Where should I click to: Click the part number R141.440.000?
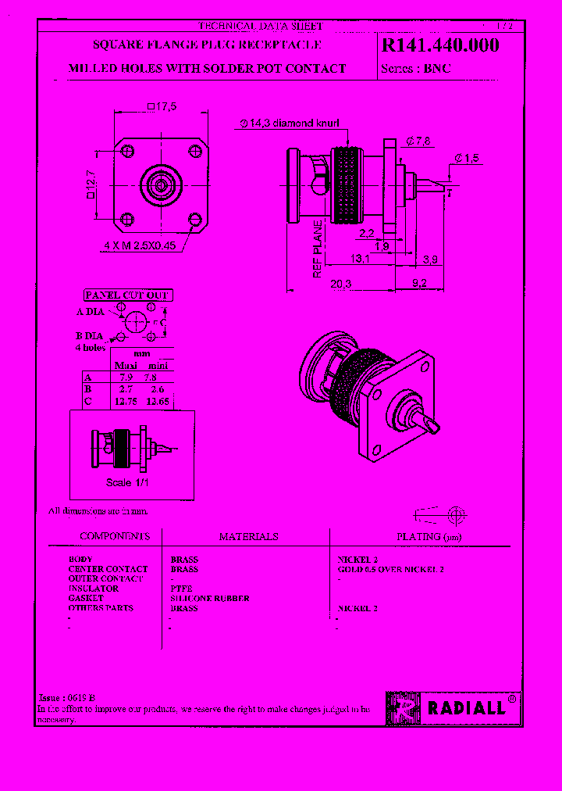[x=440, y=46]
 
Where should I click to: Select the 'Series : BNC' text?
[x=416, y=69]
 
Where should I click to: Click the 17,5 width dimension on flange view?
[x=162, y=106]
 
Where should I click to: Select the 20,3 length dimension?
[x=340, y=285]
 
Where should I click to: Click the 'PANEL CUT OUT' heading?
[x=127, y=295]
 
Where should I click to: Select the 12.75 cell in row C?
[x=125, y=401]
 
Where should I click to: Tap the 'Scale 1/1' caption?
[x=127, y=482]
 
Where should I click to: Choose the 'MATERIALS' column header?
[x=248, y=537]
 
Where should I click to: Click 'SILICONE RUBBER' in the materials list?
[x=210, y=598]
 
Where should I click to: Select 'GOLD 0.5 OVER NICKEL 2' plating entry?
[x=390, y=570]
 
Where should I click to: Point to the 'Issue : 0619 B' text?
[x=66, y=697]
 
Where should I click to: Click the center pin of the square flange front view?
[x=160, y=186]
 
